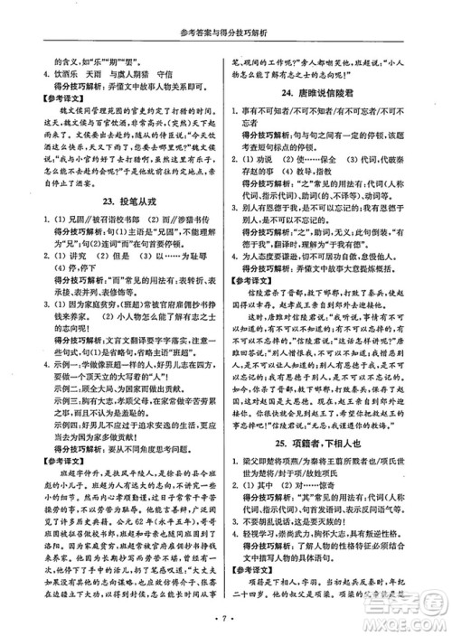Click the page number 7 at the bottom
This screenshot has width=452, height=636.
[x=226, y=623]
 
